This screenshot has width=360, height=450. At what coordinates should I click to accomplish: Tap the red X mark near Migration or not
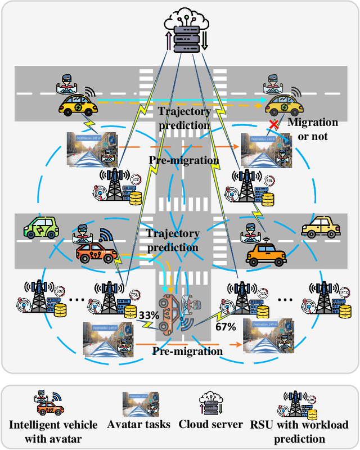coord(274,124)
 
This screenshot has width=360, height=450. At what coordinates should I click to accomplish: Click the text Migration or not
coord(313,129)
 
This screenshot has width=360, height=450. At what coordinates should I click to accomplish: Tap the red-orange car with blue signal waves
coord(97,252)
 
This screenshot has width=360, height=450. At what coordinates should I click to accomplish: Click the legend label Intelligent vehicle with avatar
coord(53,431)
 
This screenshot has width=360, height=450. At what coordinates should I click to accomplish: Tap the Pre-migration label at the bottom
coord(188,351)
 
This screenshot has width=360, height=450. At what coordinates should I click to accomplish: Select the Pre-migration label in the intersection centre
coord(183,160)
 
